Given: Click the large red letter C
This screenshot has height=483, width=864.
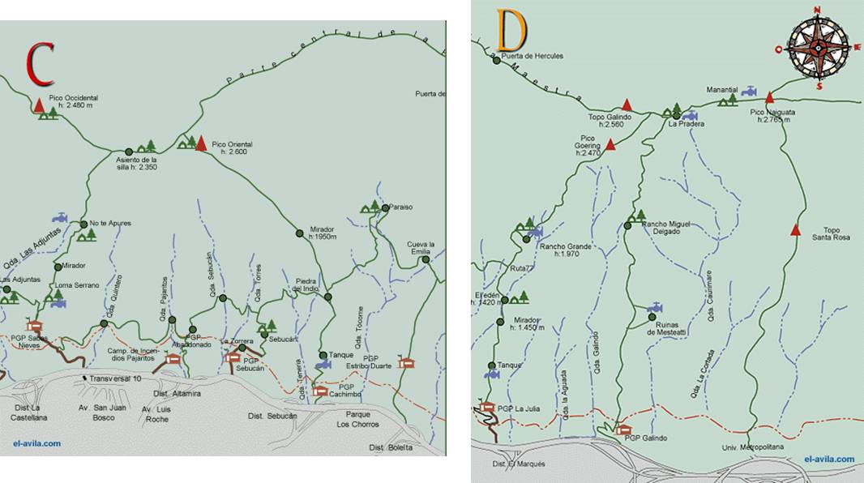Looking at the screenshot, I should tap(40, 64).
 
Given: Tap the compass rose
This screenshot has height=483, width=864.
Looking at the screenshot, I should tap(818, 47).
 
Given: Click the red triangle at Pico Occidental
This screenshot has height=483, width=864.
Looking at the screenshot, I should tap(39, 105).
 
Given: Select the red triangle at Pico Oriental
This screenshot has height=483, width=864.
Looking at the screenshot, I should tap(201, 144).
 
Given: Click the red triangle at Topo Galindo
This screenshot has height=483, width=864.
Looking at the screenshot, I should tap(627, 105).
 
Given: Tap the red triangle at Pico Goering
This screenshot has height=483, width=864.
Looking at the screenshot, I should tap(610, 144).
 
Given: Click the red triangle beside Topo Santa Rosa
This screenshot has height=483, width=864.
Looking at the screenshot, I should tap(796, 230).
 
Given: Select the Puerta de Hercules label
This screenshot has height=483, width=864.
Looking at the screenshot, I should tap(532, 56).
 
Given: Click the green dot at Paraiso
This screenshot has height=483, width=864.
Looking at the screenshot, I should tap(385, 208).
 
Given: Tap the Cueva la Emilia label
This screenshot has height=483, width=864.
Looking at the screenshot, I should tap(421, 248).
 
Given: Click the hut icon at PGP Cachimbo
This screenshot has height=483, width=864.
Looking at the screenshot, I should tap(320, 391).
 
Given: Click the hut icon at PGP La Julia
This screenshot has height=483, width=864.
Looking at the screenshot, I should tap(486, 408).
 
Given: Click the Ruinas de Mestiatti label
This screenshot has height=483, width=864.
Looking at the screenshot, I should tap(666, 328).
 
